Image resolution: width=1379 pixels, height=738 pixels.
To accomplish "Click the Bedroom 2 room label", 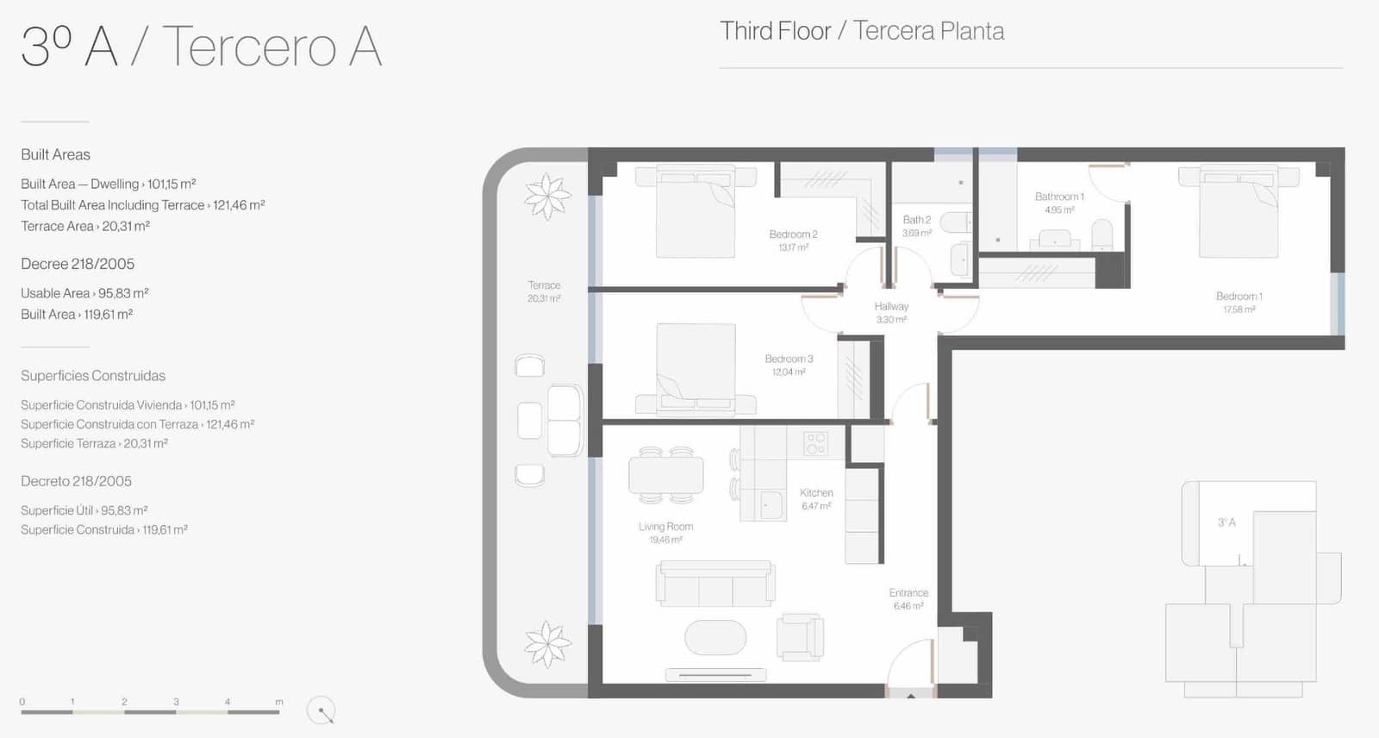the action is click(x=793, y=235).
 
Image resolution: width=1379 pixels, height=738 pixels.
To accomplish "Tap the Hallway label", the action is click(x=891, y=306).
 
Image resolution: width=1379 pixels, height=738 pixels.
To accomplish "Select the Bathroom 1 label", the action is click(x=1059, y=197).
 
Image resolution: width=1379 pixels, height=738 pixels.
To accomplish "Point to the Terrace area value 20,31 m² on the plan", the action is click(x=544, y=299).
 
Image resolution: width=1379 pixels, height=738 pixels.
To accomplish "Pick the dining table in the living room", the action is click(x=666, y=475).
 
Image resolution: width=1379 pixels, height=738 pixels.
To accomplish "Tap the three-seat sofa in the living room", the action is click(x=715, y=584).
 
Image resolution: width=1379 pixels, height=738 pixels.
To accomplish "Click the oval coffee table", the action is click(x=715, y=637).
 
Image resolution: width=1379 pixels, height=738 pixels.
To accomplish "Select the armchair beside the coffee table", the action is click(x=800, y=637).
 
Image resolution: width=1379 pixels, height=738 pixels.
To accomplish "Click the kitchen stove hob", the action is click(x=815, y=443).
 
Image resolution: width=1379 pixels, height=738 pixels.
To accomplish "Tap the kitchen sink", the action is click(x=771, y=505).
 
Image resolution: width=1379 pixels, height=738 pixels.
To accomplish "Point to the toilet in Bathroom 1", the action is click(x=1102, y=235).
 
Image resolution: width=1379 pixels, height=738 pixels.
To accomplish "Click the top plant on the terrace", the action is click(x=546, y=197).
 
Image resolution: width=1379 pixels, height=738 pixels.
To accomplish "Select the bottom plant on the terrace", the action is click(x=546, y=644).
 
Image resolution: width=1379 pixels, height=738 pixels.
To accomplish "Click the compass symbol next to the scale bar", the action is click(x=321, y=710).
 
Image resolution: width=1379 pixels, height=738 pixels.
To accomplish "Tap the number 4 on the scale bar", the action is click(x=228, y=702).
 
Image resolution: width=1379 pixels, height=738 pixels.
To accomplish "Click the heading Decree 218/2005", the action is click(x=78, y=264).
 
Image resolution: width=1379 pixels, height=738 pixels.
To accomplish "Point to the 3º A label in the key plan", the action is click(x=1226, y=522).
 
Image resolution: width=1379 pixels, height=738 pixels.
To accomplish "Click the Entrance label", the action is click(x=908, y=592).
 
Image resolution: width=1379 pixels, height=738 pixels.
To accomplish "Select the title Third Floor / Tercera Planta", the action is click(x=862, y=31).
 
